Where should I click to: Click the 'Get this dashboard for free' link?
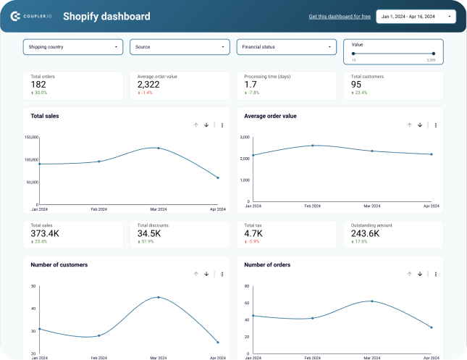339,16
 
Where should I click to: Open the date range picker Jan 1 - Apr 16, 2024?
416,16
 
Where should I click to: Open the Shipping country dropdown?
72,47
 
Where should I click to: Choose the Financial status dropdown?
286,47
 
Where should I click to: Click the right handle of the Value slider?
434,54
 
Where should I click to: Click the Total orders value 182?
39,85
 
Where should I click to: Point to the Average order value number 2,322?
149,85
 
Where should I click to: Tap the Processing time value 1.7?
251,85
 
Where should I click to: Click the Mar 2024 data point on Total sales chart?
158,148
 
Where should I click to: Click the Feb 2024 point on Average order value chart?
313,146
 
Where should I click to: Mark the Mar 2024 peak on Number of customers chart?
158,297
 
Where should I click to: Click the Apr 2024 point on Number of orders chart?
432,327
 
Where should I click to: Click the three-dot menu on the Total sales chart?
222,125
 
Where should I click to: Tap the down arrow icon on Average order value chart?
420,125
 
